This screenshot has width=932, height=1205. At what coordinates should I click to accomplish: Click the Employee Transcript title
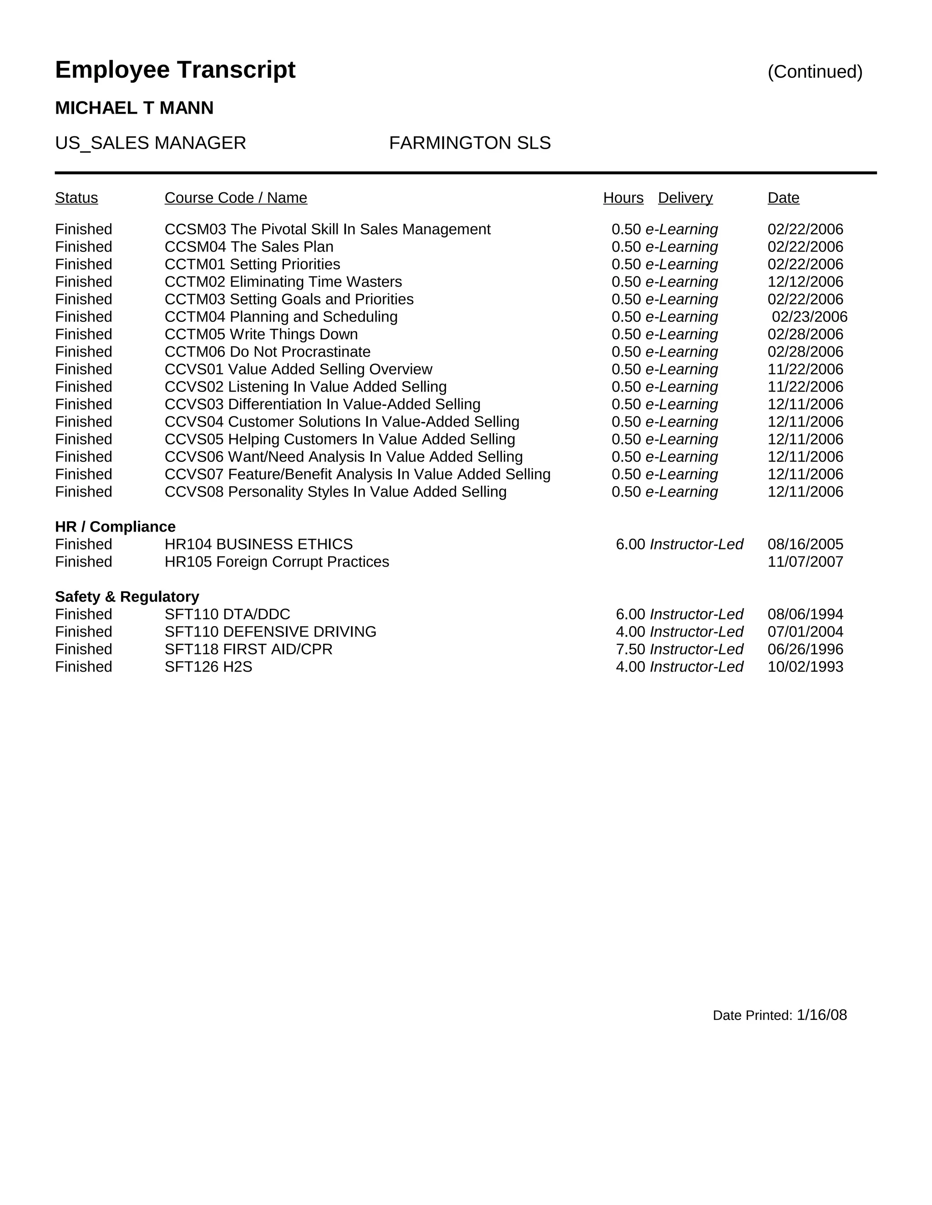[x=175, y=70]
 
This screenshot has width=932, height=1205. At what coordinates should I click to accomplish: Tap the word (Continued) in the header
[x=815, y=72]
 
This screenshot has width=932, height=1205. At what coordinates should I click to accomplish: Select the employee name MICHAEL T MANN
[x=134, y=108]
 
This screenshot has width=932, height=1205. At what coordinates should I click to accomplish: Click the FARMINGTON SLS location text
[x=469, y=143]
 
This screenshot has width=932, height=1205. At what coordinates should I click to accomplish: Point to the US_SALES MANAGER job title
[x=150, y=143]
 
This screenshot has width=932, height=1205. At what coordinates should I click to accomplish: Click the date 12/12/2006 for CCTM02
[x=805, y=282]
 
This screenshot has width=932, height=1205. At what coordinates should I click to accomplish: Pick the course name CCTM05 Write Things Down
[x=261, y=334]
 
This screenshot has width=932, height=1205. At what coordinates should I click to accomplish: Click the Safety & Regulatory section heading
[x=127, y=597]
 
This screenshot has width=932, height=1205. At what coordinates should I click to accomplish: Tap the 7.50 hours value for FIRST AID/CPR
[x=630, y=649]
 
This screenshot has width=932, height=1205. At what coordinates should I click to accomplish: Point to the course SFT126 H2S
[x=208, y=667]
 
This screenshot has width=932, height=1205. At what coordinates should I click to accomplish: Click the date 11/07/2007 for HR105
[x=805, y=562]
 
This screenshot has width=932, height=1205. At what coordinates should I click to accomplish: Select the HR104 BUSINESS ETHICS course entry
[x=258, y=545]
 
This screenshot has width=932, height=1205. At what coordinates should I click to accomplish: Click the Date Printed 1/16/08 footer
[x=779, y=1015]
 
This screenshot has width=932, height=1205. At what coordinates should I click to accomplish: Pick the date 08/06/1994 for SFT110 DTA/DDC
[x=805, y=615]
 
